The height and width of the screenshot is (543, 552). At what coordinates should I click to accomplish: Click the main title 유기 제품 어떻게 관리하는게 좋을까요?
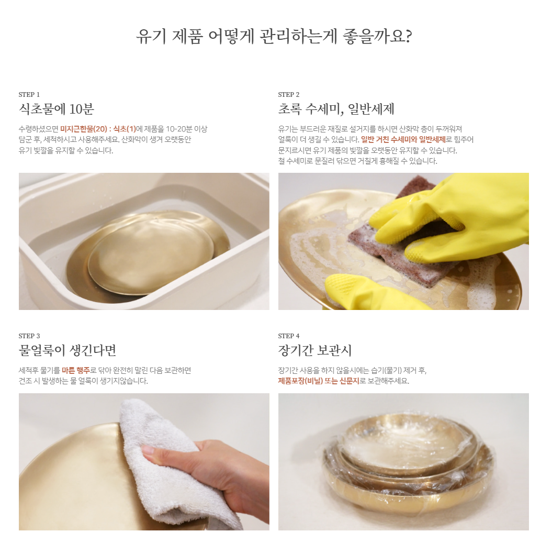274,36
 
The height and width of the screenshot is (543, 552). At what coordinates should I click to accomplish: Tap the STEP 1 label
29,94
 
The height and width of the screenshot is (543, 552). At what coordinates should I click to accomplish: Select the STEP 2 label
289,94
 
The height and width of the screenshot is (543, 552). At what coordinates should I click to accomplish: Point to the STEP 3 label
29,336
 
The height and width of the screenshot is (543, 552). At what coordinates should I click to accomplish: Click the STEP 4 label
289,336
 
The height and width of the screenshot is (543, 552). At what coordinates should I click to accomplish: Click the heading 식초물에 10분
57,109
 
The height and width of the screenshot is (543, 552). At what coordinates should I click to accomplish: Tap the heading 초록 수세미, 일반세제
336,109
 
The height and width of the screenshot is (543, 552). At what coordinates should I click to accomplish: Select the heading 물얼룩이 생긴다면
67,350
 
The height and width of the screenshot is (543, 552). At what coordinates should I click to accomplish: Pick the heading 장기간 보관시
315,350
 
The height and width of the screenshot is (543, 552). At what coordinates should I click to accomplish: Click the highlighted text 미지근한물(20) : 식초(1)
98,129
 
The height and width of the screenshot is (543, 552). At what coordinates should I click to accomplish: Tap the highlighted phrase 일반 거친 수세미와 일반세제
403,139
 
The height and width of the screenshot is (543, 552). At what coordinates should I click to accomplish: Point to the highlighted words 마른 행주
76,370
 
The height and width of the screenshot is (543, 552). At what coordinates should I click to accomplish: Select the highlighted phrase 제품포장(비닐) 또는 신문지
319,381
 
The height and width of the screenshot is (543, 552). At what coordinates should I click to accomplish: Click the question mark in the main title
408,36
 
